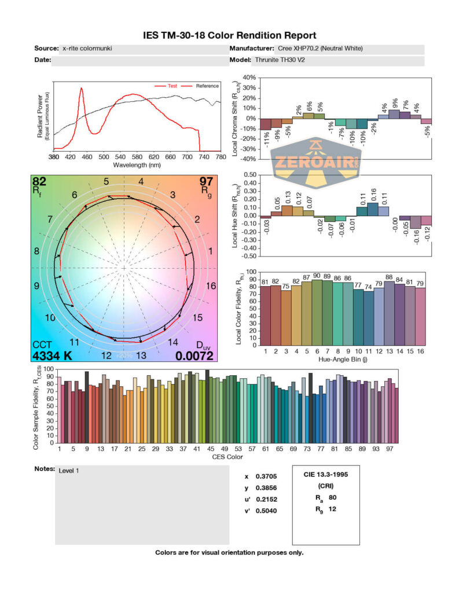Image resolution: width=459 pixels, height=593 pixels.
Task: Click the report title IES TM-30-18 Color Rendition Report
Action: point(229,36)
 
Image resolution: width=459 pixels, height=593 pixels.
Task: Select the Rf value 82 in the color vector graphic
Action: point(39,182)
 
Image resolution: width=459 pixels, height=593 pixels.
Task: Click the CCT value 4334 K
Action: point(52,356)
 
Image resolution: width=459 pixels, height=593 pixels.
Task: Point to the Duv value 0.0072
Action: point(194,356)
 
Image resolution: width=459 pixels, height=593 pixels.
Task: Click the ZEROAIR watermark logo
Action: point(316,163)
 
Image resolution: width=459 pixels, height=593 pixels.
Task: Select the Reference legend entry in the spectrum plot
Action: point(207,86)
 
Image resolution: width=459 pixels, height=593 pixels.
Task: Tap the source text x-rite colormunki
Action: point(87,49)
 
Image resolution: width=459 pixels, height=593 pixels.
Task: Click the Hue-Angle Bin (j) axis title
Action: point(345,360)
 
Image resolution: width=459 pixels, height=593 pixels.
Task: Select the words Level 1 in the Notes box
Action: point(69,470)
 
